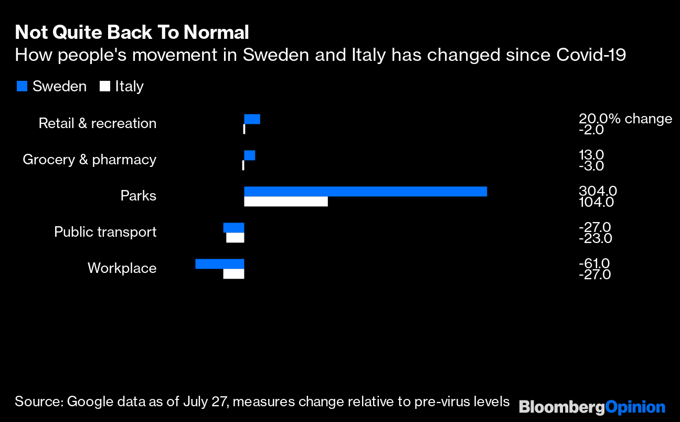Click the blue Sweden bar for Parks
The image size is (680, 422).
pos(365,192)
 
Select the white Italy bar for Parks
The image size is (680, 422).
pos(286,202)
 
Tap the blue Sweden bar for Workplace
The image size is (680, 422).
pos(219,263)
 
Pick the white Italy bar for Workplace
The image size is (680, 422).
pos(233,274)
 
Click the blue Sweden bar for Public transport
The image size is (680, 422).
pos(233,227)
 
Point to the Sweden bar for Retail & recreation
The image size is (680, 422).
pos(252,119)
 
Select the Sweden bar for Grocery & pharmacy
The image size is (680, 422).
pos(250,155)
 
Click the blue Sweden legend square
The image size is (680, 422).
pos(22,86)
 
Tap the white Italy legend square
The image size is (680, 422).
pos(105,86)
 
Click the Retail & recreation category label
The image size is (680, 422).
pos(98,123)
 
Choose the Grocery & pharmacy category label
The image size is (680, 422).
pos(89,160)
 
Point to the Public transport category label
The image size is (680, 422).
pos(105,232)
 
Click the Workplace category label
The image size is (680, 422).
pos(122,268)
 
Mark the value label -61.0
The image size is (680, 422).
pos(594,264)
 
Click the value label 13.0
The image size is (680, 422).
pos(591,155)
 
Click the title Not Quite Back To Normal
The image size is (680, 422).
pos(132,33)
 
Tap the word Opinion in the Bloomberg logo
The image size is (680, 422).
pos(635,407)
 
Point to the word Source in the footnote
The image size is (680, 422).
pos(39,402)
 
